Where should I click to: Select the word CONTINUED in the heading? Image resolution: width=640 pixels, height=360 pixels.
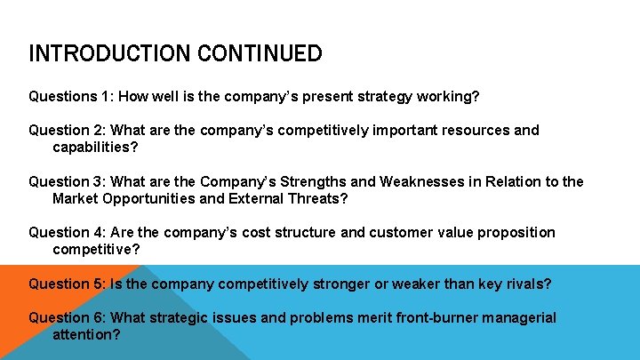pyautogui.click(x=264, y=54)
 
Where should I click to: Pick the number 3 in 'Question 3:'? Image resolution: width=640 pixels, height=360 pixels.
pyautogui.click(x=99, y=182)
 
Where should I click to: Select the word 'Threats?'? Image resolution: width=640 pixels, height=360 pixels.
pyautogui.click(x=319, y=198)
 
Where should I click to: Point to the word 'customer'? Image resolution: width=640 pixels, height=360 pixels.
pyautogui.click(x=401, y=233)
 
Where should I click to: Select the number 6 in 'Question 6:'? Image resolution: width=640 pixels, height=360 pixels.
pyautogui.click(x=99, y=318)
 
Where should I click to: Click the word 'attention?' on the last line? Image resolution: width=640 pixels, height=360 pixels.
pyautogui.click(x=86, y=335)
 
